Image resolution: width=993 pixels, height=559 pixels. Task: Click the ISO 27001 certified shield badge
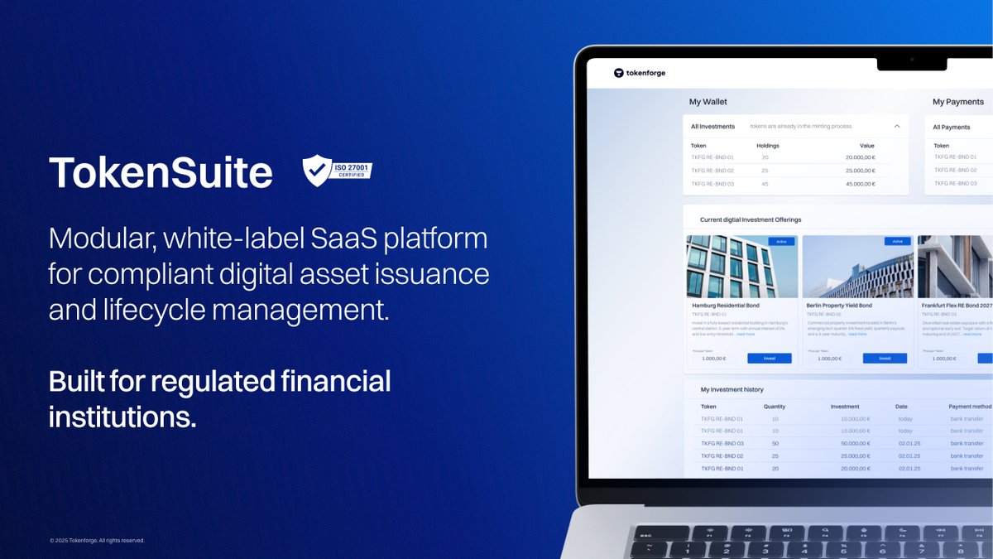coord(337,171)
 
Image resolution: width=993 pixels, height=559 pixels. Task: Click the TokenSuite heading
coord(161,172)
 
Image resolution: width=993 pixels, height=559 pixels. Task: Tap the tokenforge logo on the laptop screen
coord(640,73)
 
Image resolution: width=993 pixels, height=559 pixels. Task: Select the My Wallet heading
coord(708,102)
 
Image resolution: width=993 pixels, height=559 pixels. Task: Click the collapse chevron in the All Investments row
coord(897,127)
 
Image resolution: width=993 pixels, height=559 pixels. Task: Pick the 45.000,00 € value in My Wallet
coord(860,184)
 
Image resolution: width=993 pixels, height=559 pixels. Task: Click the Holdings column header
coord(768,146)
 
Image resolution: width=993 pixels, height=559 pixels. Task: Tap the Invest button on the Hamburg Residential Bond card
coord(769,359)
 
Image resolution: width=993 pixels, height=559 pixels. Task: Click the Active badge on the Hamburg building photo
coord(781,242)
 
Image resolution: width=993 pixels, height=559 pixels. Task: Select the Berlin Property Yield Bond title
coord(839,306)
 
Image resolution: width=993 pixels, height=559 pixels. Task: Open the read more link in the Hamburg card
coord(746,334)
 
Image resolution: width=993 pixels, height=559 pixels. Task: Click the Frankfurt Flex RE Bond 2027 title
coord(956,306)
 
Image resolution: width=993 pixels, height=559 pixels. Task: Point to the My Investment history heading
coord(732,389)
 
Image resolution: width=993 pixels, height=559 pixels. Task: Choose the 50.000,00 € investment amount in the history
coord(855,444)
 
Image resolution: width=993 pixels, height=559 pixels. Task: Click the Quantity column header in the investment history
coord(775,407)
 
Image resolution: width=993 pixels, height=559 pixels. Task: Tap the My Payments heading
coord(958,102)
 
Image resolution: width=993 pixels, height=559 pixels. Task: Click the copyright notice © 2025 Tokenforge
coord(97,541)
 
